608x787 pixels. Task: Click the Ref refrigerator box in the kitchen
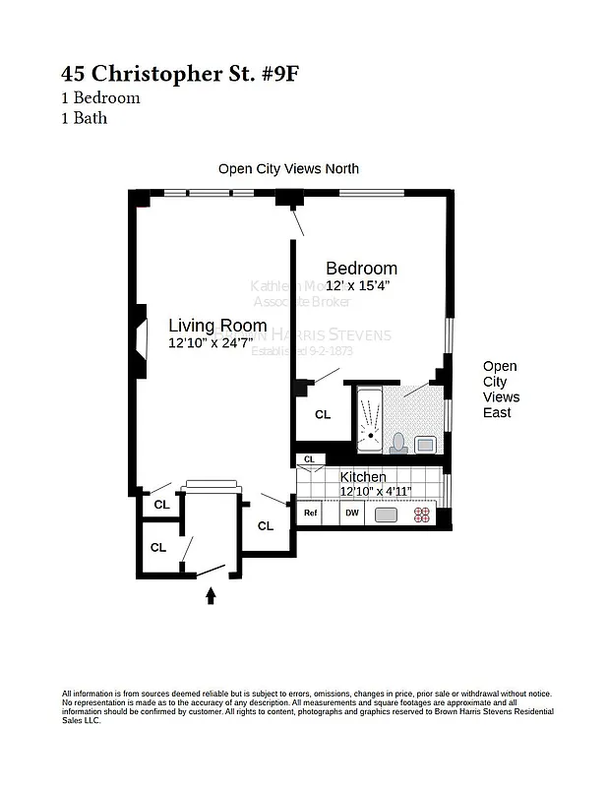pyautogui.click(x=310, y=513)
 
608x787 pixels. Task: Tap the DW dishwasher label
pyautogui.click(x=351, y=513)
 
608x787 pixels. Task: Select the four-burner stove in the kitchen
pyautogui.click(x=423, y=514)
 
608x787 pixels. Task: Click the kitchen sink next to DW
pyautogui.click(x=386, y=514)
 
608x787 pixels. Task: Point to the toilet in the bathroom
pyautogui.click(x=399, y=442)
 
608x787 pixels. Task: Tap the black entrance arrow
pyautogui.click(x=210, y=595)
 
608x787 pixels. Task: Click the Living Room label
pyautogui.click(x=216, y=326)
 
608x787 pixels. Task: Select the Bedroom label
pyautogui.click(x=361, y=268)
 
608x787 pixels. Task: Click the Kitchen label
pyautogui.click(x=363, y=477)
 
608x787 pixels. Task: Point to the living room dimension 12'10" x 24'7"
pyautogui.click(x=216, y=343)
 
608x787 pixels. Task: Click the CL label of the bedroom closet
pyautogui.click(x=323, y=415)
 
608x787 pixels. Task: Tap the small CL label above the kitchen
pyautogui.click(x=310, y=459)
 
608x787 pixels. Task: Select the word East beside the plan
pyautogui.click(x=497, y=413)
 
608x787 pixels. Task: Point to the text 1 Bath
pyautogui.click(x=85, y=118)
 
